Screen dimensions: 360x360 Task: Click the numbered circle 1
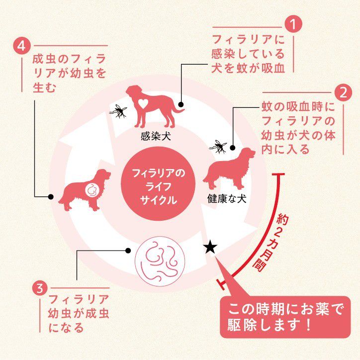click(x=293, y=24)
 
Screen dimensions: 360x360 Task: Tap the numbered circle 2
click(x=343, y=93)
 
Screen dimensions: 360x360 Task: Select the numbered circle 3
click(x=40, y=288)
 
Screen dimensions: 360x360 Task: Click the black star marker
click(x=210, y=248)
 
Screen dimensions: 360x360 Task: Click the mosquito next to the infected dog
click(x=118, y=111)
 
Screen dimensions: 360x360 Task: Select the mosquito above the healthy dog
click(x=218, y=147)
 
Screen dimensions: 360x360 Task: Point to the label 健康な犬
click(x=227, y=199)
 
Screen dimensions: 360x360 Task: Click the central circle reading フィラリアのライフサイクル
click(x=158, y=183)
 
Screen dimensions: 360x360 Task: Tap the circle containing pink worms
click(x=160, y=262)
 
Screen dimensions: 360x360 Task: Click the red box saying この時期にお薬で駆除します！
click(x=285, y=317)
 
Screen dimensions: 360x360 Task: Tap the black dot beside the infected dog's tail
click(x=181, y=105)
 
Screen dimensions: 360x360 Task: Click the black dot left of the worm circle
click(x=128, y=251)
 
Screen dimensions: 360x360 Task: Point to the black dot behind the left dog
click(x=51, y=197)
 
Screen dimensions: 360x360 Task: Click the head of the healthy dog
click(x=248, y=153)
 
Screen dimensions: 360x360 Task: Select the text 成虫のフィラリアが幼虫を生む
click(x=69, y=73)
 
